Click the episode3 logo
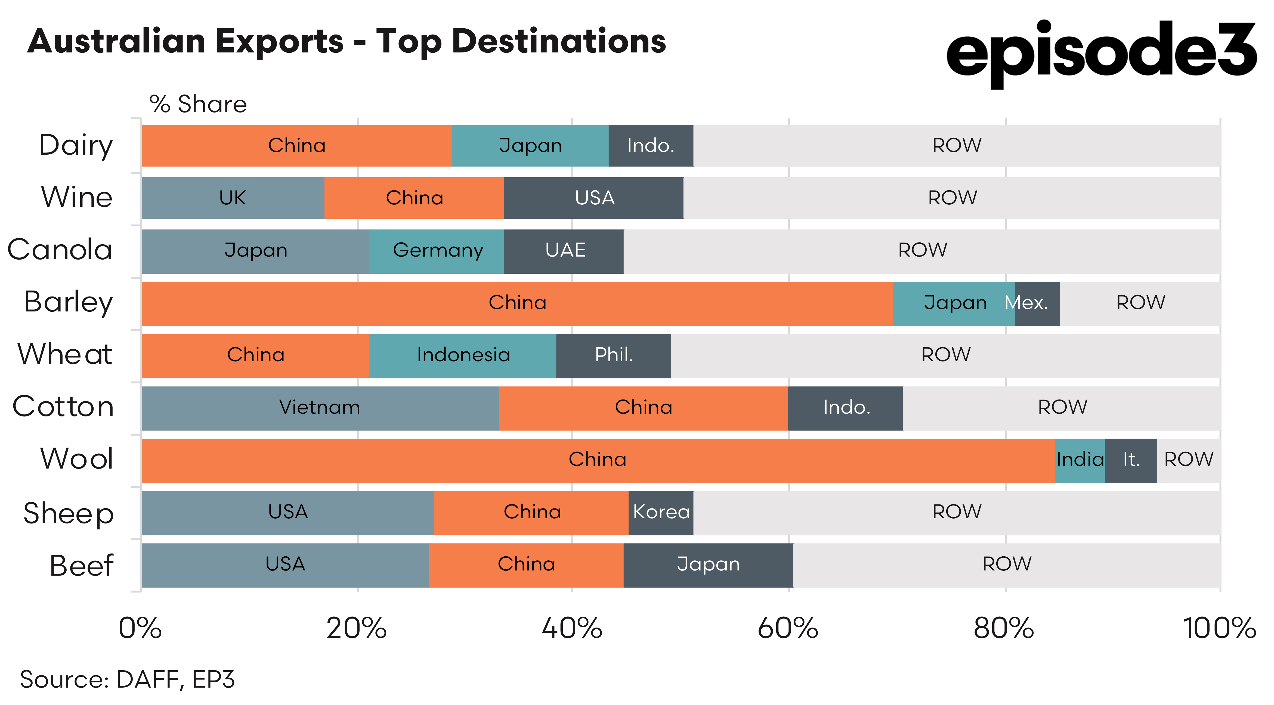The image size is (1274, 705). pos(1100,52)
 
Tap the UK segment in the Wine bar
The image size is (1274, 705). pos(233,198)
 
